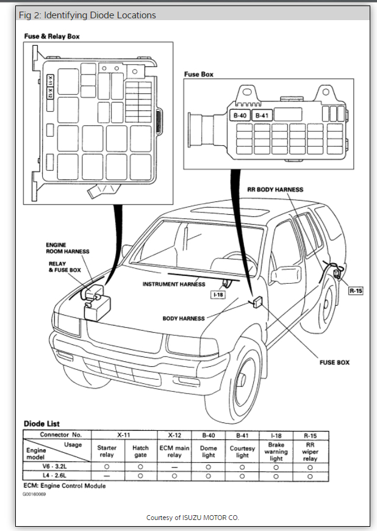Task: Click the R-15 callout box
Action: (x=356, y=291)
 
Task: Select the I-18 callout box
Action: (x=218, y=294)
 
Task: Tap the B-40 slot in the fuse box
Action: (x=239, y=115)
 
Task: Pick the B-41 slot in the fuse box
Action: (x=262, y=115)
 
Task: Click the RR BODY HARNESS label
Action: (x=275, y=190)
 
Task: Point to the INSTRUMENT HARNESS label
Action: (x=174, y=284)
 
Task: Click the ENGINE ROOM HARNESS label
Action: (x=67, y=248)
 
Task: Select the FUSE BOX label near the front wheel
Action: (x=335, y=362)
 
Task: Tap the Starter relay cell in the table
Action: (x=107, y=452)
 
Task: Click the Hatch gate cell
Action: (x=140, y=452)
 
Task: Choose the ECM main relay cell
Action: (x=174, y=452)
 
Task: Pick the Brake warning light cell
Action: (x=276, y=452)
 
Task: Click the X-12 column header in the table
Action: (x=174, y=435)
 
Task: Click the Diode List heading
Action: (x=41, y=424)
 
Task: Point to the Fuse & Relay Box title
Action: (x=52, y=37)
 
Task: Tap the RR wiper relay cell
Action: (x=310, y=452)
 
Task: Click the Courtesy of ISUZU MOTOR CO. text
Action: (x=193, y=518)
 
